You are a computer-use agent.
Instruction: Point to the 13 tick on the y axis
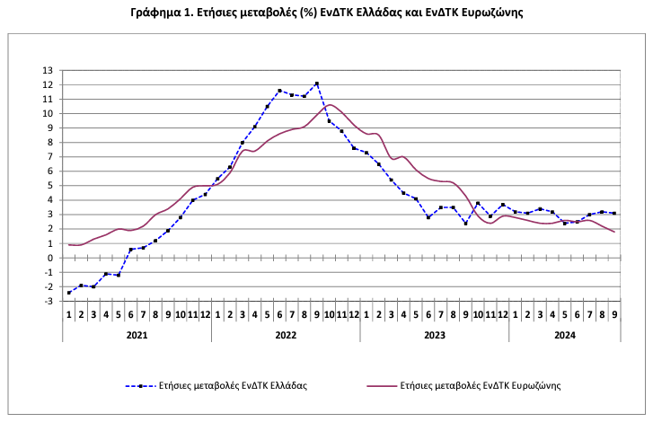click(x=49, y=70)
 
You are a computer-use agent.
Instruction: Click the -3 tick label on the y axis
click(x=49, y=301)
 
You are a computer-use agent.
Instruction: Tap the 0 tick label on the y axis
click(x=50, y=258)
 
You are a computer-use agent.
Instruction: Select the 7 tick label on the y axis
click(x=50, y=157)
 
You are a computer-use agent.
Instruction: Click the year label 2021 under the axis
click(x=137, y=334)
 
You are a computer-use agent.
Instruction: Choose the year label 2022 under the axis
click(x=286, y=334)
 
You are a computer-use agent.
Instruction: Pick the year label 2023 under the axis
click(x=435, y=334)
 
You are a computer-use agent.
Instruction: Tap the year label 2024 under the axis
click(x=565, y=334)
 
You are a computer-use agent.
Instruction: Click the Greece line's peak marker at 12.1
click(x=317, y=84)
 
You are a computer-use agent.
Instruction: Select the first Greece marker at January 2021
click(x=69, y=293)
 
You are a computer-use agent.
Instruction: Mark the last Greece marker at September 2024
click(x=614, y=214)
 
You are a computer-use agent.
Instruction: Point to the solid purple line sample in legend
click(x=383, y=385)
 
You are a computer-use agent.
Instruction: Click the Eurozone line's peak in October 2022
click(x=330, y=105)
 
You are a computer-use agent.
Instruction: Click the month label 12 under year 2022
click(x=354, y=314)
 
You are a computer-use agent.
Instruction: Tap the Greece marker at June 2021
click(x=131, y=250)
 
